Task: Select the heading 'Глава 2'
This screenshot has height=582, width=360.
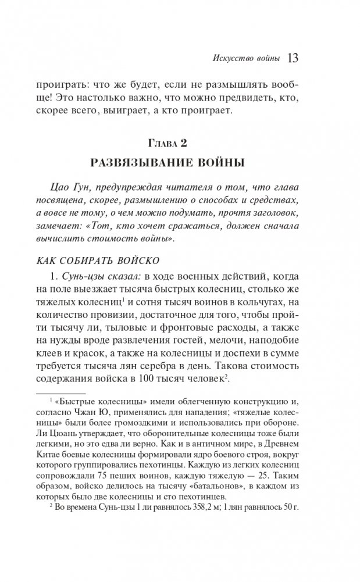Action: click(x=180, y=142)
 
